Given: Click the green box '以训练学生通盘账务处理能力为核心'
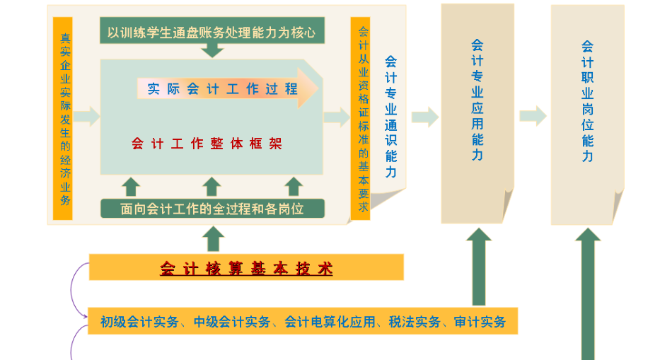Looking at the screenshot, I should pyautogui.click(x=212, y=32).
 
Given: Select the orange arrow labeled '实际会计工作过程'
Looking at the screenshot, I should pyautogui.click(x=226, y=89).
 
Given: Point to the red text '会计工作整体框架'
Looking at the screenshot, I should pyautogui.click(x=207, y=144).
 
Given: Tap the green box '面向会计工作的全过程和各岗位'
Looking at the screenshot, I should pyautogui.click(x=212, y=209).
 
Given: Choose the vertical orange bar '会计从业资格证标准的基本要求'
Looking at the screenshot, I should pyautogui.click(x=363, y=118).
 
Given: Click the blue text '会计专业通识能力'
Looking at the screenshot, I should pyautogui.click(x=390, y=117).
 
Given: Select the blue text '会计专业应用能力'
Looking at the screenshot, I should pyautogui.click(x=477, y=99).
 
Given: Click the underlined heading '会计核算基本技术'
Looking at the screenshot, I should pyautogui.click(x=246, y=269).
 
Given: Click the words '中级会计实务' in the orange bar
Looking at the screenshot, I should pyautogui.click(x=232, y=322).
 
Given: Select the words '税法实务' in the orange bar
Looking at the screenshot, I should pyautogui.click(x=415, y=322).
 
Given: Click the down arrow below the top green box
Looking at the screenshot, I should pyautogui.click(x=212, y=50).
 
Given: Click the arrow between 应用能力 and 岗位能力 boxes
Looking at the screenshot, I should pyautogui.click(x=532, y=116).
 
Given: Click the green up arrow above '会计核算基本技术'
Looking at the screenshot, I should pyautogui.click(x=212, y=239).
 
